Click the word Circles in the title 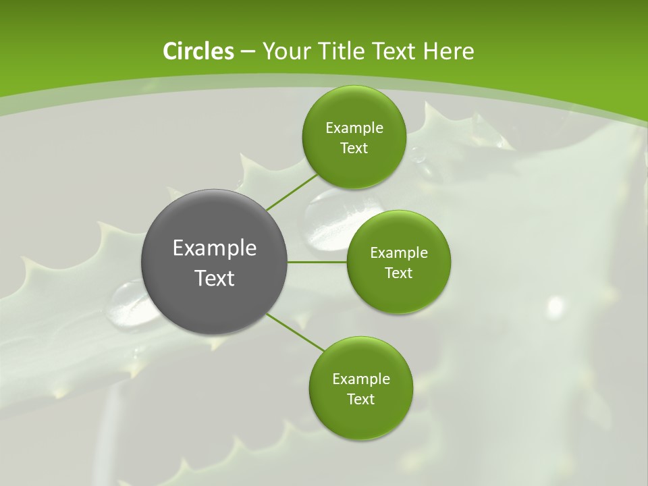pyautogui.click(x=198, y=51)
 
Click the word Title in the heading pyautogui.click(x=340, y=51)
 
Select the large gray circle pyautogui.click(x=214, y=262)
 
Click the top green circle pyautogui.click(x=354, y=137)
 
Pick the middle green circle pyautogui.click(x=398, y=262)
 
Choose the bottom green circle pyautogui.click(x=360, y=388)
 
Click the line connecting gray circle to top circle pyautogui.click(x=292, y=192)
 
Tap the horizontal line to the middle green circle pyautogui.click(x=317, y=262)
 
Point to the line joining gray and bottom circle pyautogui.click(x=294, y=332)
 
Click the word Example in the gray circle pyautogui.click(x=214, y=248)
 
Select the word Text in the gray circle pyautogui.click(x=214, y=278)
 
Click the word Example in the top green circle pyautogui.click(x=354, y=128)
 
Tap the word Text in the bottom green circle pyautogui.click(x=360, y=399)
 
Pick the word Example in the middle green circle pyautogui.click(x=398, y=252)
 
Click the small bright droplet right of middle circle pyautogui.click(x=556, y=306)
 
